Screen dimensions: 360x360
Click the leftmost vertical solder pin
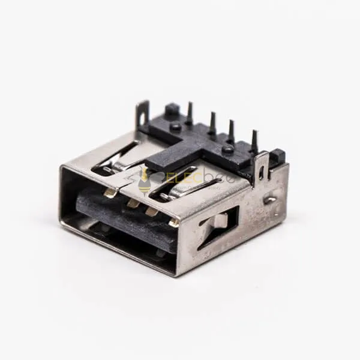pyautogui.click(x=190, y=113)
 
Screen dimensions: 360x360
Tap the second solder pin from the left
pyautogui.click(x=213, y=122)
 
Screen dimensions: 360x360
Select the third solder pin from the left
pyautogui.click(x=231, y=130)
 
